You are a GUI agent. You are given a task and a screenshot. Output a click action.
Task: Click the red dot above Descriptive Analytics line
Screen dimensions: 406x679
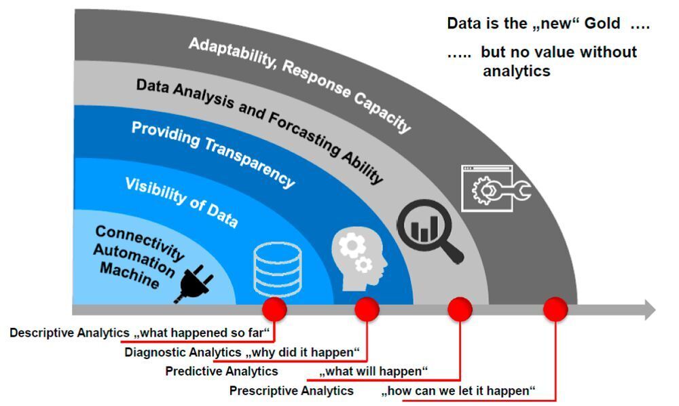274,309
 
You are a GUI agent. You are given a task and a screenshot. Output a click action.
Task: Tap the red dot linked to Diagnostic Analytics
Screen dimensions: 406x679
367,309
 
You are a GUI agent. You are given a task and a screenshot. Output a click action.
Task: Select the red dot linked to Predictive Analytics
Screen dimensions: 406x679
460,309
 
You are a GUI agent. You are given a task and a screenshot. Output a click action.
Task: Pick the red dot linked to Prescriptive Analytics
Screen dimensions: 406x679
555,309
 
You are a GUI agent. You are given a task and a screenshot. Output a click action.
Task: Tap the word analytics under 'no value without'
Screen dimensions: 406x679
516,71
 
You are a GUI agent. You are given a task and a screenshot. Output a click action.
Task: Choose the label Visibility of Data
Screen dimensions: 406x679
181,202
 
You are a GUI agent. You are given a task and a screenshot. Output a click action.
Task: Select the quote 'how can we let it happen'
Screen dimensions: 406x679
459,391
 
